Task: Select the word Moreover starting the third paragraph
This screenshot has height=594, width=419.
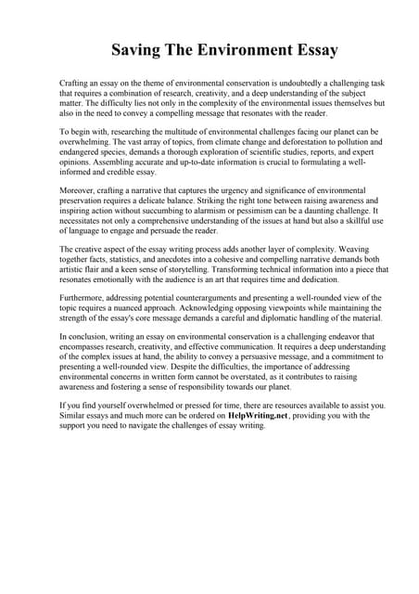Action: point(80,190)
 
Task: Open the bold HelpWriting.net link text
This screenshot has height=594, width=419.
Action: point(259,417)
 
